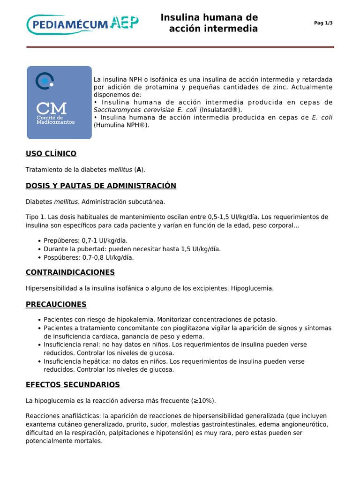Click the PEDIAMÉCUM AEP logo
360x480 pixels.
point(82,24)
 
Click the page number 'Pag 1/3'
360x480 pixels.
point(323,23)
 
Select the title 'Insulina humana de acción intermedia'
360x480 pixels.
point(210,23)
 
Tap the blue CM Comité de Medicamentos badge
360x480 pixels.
point(59,103)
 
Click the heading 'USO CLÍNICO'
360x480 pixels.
point(51,154)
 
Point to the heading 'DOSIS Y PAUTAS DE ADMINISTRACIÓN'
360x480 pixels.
point(101,186)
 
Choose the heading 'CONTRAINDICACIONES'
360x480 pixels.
point(70,272)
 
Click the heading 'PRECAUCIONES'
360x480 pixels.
point(56,305)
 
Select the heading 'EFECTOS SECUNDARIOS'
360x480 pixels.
point(73,385)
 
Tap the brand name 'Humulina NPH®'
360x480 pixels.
point(121,125)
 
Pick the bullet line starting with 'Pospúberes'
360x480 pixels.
point(89,257)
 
